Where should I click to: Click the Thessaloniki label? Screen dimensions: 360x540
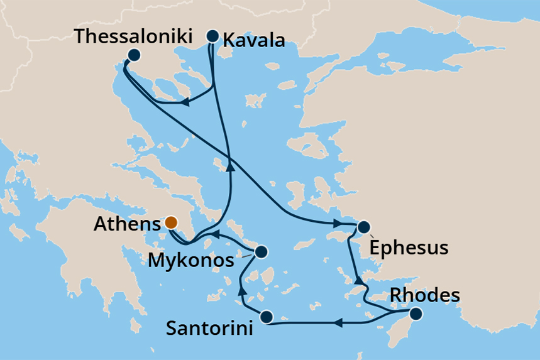pyautogui.click(x=133, y=36)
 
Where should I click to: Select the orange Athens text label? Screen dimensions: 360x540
pyautogui.click(x=124, y=224)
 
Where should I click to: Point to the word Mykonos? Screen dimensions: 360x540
pyautogui.click(x=190, y=259)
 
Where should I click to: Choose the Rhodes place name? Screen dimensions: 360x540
pyautogui.click(x=425, y=295)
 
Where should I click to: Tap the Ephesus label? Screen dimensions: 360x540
pyautogui.click(x=409, y=247)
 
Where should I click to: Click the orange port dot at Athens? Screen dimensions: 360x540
pyautogui.click(x=170, y=222)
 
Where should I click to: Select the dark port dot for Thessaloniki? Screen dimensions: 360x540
pyautogui.click(x=133, y=55)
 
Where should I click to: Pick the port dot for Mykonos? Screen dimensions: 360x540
pyautogui.click(x=262, y=253)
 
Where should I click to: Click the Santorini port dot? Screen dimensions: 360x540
pyautogui.click(x=267, y=317)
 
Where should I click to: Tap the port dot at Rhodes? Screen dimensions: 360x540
pyautogui.click(x=416, y=312)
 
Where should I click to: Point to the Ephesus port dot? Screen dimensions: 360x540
pyautogui.click(x=363, y=227)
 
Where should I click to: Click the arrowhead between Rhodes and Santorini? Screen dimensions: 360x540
pyautogui.click(x=336, y=323)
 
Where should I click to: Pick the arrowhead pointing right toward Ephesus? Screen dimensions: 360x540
pyautogui.click(x=337, y=223)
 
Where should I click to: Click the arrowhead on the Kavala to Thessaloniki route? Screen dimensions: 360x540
pyautogui.click(x=183, y=102)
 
